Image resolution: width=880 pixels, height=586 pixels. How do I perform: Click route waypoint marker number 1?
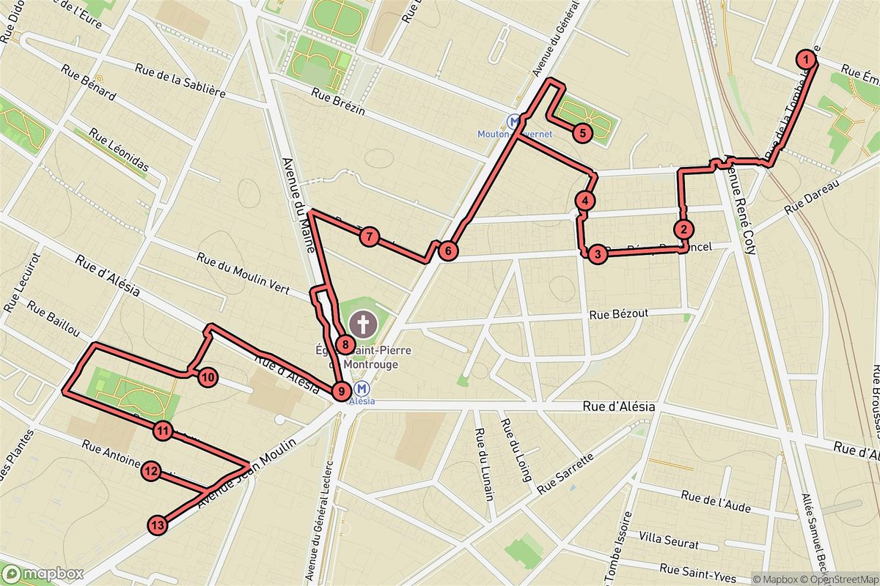[x=806, y=59]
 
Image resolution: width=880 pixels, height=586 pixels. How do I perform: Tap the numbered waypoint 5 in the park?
[x=581, y=133]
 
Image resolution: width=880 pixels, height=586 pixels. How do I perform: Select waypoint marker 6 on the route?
[x=448, y=251]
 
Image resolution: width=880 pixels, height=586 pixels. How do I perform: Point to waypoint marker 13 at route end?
[x=158, y=524]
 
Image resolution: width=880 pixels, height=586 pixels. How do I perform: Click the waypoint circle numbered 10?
[x=208, y=377]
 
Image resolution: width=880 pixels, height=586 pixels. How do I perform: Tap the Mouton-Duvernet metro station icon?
[x=516, y=121]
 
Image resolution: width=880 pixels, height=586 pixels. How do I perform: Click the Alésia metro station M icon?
[x=362, y=388]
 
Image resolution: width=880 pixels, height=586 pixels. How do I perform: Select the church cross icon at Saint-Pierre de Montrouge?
[x=361, y=323]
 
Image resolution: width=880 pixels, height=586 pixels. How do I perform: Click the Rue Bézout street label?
[x=619, y=314]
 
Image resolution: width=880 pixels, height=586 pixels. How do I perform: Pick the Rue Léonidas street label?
[x=119, y=152]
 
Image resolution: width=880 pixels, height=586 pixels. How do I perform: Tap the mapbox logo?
[x=42, y=573]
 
